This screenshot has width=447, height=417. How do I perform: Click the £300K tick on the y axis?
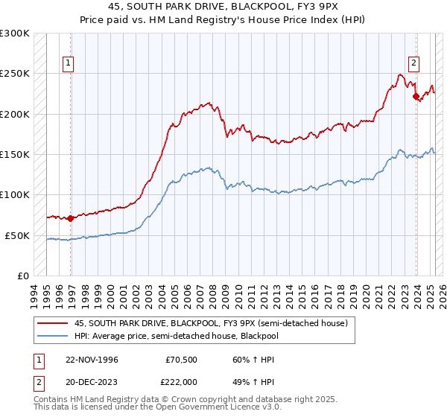click(15, 34)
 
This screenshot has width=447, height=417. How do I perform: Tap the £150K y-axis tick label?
click(15, 154)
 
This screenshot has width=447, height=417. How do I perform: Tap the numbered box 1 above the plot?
click(68, 63)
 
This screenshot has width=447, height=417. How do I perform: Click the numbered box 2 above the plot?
click(413, 63)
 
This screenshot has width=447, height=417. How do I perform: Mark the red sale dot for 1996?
click(71, 218)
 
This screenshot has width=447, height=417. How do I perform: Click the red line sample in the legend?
click(53, 322)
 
